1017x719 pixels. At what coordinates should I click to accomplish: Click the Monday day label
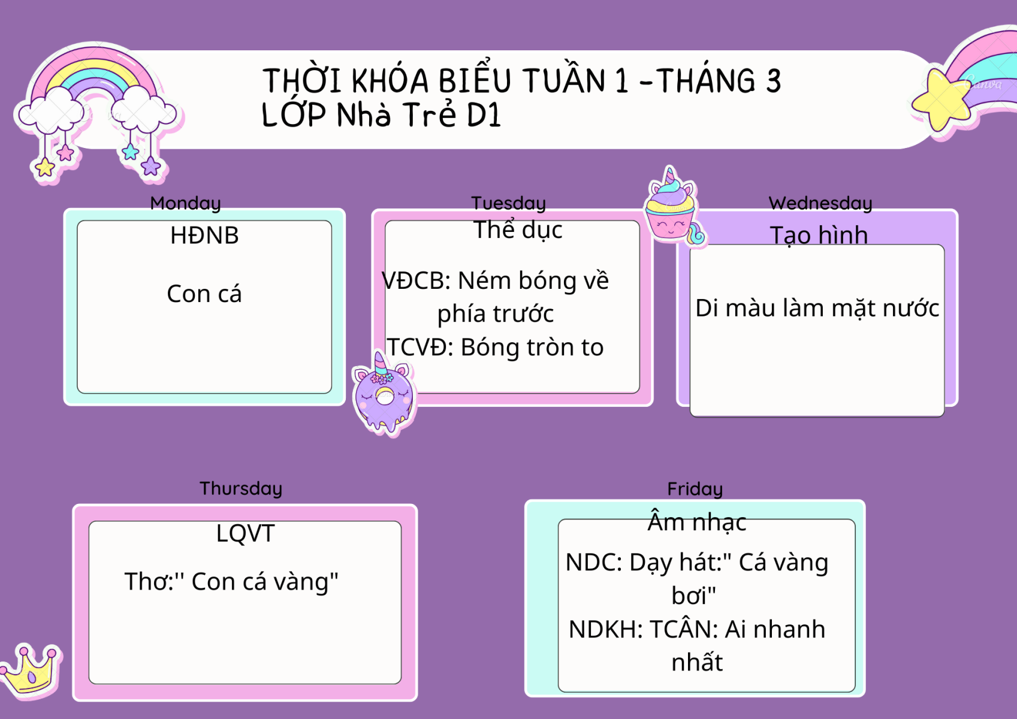pyautogui.click(x=185, y=203)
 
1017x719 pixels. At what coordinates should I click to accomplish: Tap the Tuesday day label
pyautogui.click(x=508, y=203)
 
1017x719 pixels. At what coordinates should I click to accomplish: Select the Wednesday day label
pyautogui.click(x=820, y=203)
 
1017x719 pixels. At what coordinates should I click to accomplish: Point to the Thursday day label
pyautogui.click(x=241, y=489)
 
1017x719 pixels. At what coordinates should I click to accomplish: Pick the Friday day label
pyautogui.click(x=695, y=490)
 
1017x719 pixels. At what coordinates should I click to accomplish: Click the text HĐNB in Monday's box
pyautogui.click(x=204, y=235)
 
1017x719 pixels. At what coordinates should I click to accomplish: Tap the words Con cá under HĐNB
pyautogui.click(x=204, y=294)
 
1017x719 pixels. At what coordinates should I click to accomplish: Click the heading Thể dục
pyautogui.click(x=518, y=229)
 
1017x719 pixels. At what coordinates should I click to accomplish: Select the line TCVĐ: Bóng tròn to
pyautogui.click(x=495, y=348)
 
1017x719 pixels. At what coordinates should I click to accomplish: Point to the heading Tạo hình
pyautogui.click(x=819, y=235)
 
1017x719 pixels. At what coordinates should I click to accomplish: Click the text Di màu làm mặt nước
pyautogui.click(x=817, y=308)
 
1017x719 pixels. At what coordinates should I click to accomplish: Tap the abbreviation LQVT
pyautogui.click(x=245, y=533)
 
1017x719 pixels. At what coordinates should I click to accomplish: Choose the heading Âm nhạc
pyautogui.click(x=697, y=522)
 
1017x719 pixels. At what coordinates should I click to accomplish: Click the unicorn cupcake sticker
pyautogui.click(x=674, y=207)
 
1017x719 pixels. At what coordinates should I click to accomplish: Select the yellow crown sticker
pyautogui.click(x=30, y=670)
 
